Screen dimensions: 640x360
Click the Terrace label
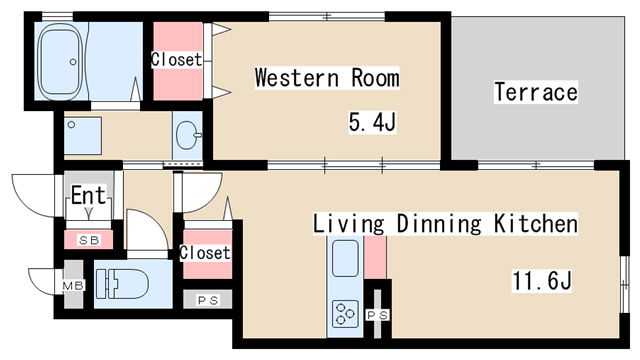click(536, 92)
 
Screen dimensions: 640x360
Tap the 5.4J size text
click(372, 122)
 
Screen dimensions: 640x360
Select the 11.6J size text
click(542, 281)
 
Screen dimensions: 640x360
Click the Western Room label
click(327, 78)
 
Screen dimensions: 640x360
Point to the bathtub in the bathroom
click(59, 60)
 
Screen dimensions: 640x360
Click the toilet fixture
click(122, 284)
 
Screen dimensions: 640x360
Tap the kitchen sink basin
click(345, 258)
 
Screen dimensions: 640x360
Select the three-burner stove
click(345, 314)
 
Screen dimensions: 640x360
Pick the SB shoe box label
click(89, 240)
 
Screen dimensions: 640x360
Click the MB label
click(73, 285)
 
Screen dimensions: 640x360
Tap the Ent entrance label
click(89, 195)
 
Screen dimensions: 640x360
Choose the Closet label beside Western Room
click(176, 60)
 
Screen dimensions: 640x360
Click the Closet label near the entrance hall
click(205, 253)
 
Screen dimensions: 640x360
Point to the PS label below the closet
click(208, 300)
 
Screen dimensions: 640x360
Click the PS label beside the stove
click(378, 315)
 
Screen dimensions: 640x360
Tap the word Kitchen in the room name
click(536, 223)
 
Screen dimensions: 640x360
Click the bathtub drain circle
click(73, 62)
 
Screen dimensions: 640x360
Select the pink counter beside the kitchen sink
click(375, 258)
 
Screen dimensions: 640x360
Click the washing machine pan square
click(83, 136)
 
